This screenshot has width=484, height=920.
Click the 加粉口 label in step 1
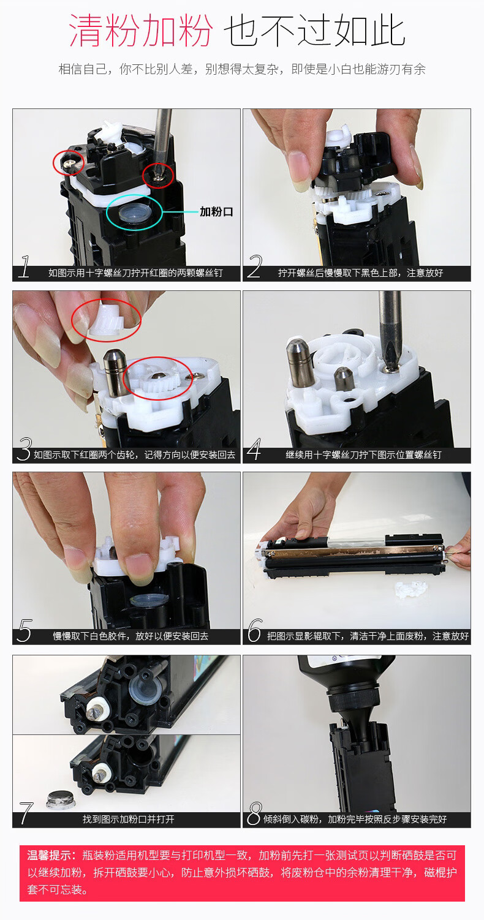tap(216, 212)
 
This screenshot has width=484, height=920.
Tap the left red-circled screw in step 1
tap(68, 163)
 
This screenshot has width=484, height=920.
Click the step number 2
tap(255, 267)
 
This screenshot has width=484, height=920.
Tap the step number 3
tap(25, 449)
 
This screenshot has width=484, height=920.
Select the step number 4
tap(254, 449)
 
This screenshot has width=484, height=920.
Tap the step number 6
tap(254, 630)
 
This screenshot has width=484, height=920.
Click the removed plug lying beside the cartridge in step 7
tap(61, 800)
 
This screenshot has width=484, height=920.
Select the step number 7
tap(26, 813)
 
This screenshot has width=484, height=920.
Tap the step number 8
tap(254, 813)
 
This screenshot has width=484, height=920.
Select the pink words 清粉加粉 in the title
tap(140, 30)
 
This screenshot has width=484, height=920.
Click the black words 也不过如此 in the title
tap(315, 30)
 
